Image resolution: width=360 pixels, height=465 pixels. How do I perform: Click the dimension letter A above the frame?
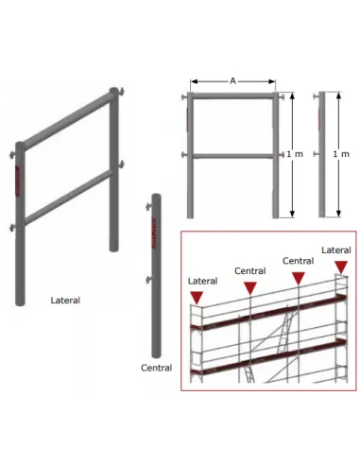[232, 81]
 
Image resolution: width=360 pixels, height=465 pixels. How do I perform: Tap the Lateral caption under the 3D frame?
[65, 301]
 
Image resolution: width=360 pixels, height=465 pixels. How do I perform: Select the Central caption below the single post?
[156, 368]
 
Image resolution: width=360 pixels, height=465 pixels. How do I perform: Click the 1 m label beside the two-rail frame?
[295, 154]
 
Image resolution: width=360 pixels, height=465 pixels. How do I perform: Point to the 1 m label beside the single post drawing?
[341, 154]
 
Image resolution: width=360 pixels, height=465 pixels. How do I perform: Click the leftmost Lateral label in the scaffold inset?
[202, 281]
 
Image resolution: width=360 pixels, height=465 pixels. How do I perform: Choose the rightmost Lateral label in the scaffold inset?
[336, 250]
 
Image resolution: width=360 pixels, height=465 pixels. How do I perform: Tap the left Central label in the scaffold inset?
[250, 271]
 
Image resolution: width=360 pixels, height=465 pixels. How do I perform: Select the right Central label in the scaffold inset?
[298, 261]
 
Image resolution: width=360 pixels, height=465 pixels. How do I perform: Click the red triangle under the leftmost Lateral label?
[197, 297]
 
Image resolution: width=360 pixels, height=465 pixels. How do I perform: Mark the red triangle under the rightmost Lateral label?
[341, 267]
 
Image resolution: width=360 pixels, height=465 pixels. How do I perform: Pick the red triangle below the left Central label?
[250, 288]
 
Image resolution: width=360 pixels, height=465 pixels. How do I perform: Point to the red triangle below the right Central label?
[299, 278]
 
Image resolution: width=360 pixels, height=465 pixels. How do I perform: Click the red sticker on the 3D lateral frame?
[17, 181]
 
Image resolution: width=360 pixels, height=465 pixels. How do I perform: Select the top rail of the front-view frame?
[232, 95]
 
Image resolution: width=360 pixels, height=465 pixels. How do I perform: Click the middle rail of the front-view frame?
[232, 156]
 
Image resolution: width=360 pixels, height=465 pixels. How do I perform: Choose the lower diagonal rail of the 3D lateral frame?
[68, 198]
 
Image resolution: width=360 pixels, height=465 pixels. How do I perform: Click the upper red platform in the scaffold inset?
[269, 313]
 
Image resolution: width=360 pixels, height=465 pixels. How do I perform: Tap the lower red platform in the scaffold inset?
[269, 357]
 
